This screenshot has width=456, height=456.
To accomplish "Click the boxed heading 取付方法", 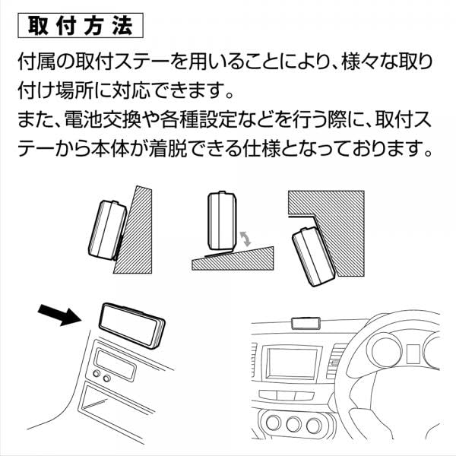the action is coord(81,26).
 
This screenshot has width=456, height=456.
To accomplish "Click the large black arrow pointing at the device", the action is coord(59,315).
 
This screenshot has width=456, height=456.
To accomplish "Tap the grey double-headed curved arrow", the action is coord(246,238).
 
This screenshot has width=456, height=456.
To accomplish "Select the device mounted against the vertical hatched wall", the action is coord(107,230).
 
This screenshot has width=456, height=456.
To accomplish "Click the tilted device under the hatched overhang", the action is coord(312,256).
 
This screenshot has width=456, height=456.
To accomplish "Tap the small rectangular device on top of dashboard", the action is coord(306,323).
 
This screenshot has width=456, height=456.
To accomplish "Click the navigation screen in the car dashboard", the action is coord(292,363).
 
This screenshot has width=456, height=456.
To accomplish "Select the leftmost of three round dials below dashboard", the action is coord(273,423).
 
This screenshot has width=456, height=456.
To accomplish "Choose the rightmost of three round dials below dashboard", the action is coord(314,425).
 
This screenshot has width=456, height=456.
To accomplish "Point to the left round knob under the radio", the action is coord(97,373).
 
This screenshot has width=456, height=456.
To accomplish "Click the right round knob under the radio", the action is coord(106,378).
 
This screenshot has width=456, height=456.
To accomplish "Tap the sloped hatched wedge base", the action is coord(233,259).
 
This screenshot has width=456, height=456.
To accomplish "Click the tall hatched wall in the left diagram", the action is coord(133,230).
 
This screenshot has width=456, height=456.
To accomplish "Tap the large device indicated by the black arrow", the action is coord(132,325).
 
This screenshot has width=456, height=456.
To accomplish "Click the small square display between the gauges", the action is coord(413,354).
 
